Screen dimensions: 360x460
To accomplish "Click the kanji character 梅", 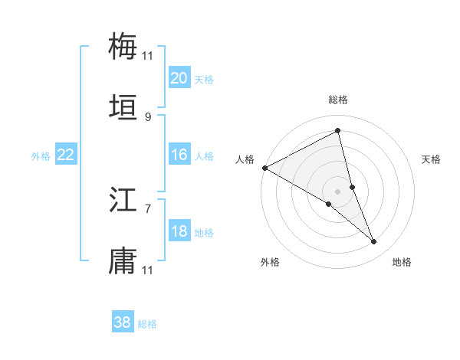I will click(123, 46).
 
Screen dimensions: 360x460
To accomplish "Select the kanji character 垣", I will click(123, 109).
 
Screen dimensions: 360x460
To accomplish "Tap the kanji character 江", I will click(123, 201).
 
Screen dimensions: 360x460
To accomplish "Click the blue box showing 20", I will click(179, 78).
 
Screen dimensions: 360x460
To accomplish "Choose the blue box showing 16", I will click(179, 155).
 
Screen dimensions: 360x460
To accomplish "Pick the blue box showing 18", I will click(179, 232).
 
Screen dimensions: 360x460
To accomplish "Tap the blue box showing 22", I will click(66, 155).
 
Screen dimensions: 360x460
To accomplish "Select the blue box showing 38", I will click(123, 323).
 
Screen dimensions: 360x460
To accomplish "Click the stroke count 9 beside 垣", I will click(148, 117).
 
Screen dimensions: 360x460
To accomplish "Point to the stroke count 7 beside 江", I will click(148, 208).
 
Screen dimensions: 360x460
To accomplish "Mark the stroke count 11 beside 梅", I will click(148, 55).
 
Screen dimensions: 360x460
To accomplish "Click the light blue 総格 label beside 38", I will click(148, 324).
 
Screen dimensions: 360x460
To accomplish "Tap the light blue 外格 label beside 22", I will click(41, 156).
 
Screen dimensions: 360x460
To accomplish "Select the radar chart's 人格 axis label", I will click(245, 159).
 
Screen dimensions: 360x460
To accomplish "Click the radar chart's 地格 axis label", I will click(402, 262).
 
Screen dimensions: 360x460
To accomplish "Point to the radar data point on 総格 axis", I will click(338, 131).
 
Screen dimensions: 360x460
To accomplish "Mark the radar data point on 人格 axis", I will click(264, 167).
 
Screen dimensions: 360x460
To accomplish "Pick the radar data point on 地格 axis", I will click(374, 242).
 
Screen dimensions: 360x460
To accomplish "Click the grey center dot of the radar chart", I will click(338, 191).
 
